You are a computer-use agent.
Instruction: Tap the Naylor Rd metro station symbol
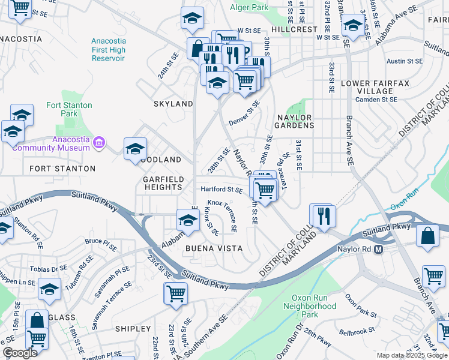click(379, 249)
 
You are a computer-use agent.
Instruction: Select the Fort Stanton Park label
click(70, 109)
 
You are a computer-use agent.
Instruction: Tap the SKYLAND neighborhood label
click(173, 104)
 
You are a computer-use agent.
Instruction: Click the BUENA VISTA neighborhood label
click(214, 248)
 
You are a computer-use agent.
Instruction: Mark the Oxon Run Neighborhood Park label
click(310, 306)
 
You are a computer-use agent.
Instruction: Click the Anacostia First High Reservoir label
click(108, 50)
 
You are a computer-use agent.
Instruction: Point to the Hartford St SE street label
click(221, 190)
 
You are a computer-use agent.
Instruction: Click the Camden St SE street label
click(376, 100)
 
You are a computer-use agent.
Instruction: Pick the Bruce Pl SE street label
click(101, 242)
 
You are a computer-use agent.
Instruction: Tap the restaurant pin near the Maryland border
click(324, 215)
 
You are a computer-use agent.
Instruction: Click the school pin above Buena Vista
click(188, 220)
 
